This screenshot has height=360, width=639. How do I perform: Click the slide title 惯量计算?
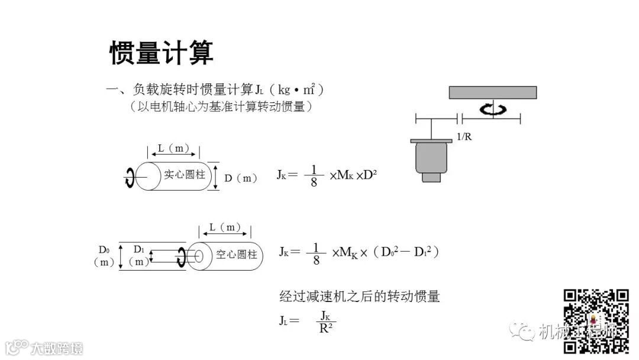coord(162,53)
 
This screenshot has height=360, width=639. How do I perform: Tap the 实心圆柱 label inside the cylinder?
coord(184,175)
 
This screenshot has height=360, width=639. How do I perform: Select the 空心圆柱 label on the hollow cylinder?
coord(237,255)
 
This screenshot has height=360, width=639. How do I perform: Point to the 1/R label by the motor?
coord(464,136)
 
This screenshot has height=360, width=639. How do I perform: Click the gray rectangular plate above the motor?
coord(493,92)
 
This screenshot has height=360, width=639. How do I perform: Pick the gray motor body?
coord(431,159)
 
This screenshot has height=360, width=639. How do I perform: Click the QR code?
coord(596,321)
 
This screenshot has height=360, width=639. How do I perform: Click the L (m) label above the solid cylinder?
coord(174,149)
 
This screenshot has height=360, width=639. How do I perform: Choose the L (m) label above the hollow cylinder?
coord(225,227)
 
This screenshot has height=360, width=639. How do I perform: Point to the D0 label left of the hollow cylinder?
coord(104,249)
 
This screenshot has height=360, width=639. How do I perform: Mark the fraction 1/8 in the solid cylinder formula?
coord(314,175)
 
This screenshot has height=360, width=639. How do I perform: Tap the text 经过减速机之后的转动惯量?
coord(360,296)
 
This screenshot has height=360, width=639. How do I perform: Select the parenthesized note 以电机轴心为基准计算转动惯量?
coord(220,107)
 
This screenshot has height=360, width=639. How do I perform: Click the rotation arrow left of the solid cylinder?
coord(129,177)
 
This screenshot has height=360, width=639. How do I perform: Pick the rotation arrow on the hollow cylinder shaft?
coord(182,256)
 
